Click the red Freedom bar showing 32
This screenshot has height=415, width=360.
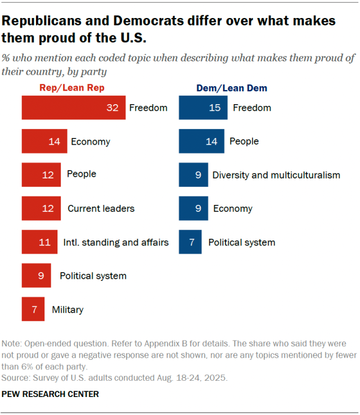click(73, 108)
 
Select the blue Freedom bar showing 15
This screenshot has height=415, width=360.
click(203, 108)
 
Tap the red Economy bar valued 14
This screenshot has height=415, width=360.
click(44, 141)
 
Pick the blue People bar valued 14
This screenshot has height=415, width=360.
click(201, 141)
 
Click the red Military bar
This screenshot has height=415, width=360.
click(33, 309)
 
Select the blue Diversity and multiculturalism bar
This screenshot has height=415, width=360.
click(193, 175)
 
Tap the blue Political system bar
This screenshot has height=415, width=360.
click(191, 242)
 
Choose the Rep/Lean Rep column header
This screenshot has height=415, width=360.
click(71, 88)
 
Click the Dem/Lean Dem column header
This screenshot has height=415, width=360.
click(231, 88)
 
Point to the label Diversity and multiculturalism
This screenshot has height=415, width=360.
click(276, 175)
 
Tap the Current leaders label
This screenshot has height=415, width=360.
click(101, 208)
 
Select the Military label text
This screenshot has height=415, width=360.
click(67, 309)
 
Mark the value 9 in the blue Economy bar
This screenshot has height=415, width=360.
click(198, 209)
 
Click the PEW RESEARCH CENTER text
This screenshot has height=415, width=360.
click(51, 394)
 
